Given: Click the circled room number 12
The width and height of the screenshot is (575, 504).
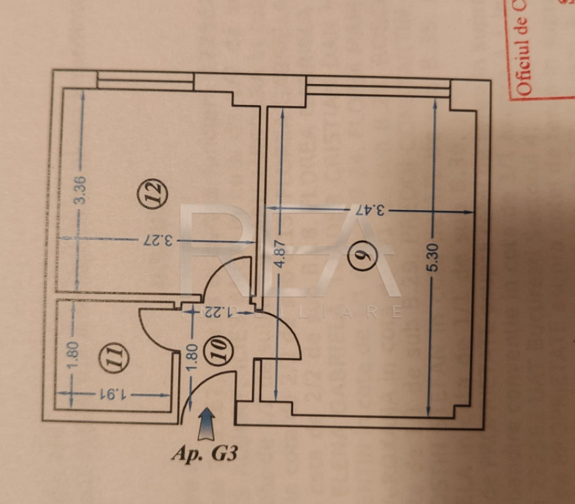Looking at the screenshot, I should pyautogui.click(x=153, y=194).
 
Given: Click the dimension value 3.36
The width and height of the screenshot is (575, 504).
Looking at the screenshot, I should pyautogui.click(x=81, y=190).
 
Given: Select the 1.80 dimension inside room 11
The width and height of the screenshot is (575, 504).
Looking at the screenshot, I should pyautogui.click(x=73, y=355).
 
